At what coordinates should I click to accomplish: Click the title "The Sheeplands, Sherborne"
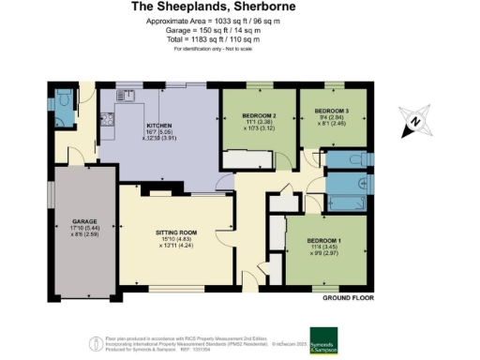coord(240,7)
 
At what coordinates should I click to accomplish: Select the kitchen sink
coord(126,95)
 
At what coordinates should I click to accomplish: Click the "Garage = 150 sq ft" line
coord(240,29)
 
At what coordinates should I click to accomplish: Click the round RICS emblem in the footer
coord(94,344)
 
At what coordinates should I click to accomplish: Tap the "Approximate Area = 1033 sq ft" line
coord(240,21)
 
